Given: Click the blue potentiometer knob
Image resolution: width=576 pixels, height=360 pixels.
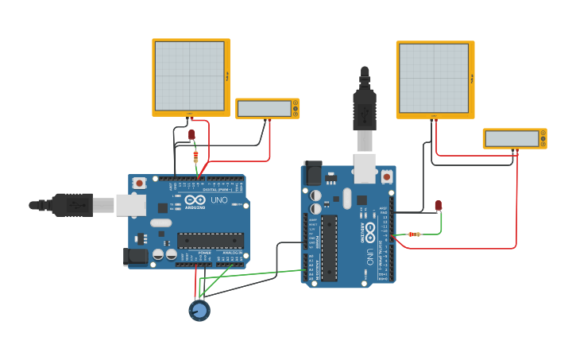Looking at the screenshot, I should pos(199,310).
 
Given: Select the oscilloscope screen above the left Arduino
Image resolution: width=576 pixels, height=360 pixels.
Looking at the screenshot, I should pos(190,76).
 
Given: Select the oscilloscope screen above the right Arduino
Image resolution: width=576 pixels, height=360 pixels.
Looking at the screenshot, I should pos(434,79).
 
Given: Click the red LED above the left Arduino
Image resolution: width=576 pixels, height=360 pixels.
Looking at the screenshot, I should pos(191,134).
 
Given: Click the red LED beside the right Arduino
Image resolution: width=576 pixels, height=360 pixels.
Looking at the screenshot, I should pos(439,206).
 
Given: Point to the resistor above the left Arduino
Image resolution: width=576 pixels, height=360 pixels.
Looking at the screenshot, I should pos(196,156).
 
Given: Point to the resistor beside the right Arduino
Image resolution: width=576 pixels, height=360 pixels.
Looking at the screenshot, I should pos(413,234).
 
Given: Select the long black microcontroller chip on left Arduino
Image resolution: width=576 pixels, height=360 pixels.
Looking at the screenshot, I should pos(210,240).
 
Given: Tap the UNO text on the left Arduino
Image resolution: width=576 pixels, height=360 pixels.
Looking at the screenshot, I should pos(218,200).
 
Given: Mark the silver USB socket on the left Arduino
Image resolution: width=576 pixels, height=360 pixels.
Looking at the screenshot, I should pos(130,205).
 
